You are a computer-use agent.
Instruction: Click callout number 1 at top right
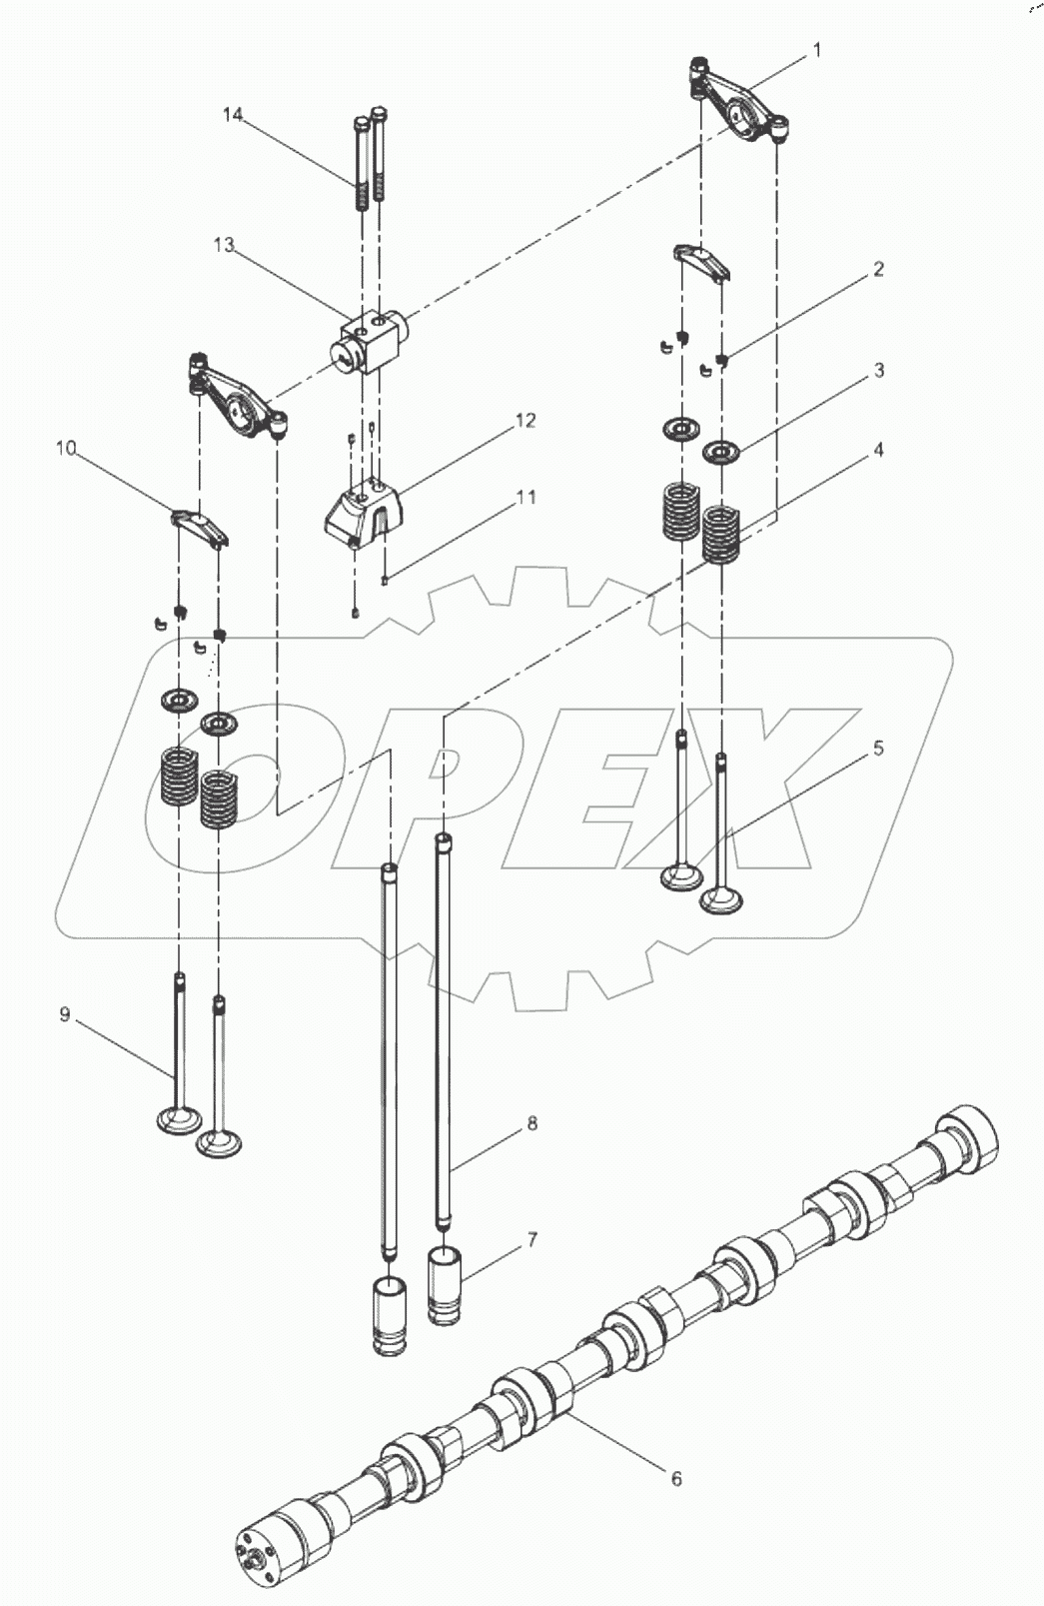(816, 49)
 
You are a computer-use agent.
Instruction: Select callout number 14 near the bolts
(232, 115)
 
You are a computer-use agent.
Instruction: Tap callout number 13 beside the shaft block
(223, 245)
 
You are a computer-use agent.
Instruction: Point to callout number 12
(525, 421)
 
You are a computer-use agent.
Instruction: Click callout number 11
(525, 497)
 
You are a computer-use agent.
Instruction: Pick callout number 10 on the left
(66, 449)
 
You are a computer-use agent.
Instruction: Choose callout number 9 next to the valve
(65, 1014)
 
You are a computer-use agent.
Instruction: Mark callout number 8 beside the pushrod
(531, 1123)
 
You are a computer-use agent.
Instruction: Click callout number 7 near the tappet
(531, 1240)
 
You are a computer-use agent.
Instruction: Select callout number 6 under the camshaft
(676, 1478)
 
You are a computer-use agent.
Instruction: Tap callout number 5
(878, 748)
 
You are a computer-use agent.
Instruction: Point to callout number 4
(878, 450)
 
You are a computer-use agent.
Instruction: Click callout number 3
(878, 371)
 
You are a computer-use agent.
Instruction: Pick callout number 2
(878, 269)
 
